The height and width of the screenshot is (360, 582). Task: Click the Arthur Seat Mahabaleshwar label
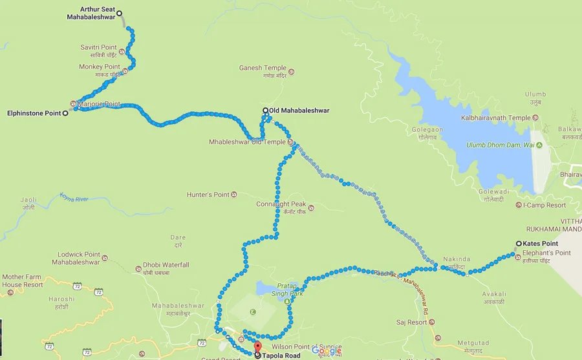[x=91, y=13]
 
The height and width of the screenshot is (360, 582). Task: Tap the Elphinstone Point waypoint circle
[x=65, y=113]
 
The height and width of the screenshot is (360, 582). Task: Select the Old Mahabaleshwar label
[x=299, y=111]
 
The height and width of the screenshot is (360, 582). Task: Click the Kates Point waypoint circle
[x=518, y=244]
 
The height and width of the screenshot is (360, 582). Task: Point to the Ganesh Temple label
[x=263, y=68]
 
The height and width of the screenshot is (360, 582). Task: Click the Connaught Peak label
[x=281, y=204]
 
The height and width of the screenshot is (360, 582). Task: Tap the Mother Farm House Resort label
[x=23, y=281]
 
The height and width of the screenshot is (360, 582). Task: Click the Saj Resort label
[x=412, y=322]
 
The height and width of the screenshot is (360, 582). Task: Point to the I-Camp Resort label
[x=544, y=205]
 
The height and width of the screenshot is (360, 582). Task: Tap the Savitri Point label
[x=98, y=47]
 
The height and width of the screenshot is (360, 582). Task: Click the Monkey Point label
[x=100, y=67]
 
